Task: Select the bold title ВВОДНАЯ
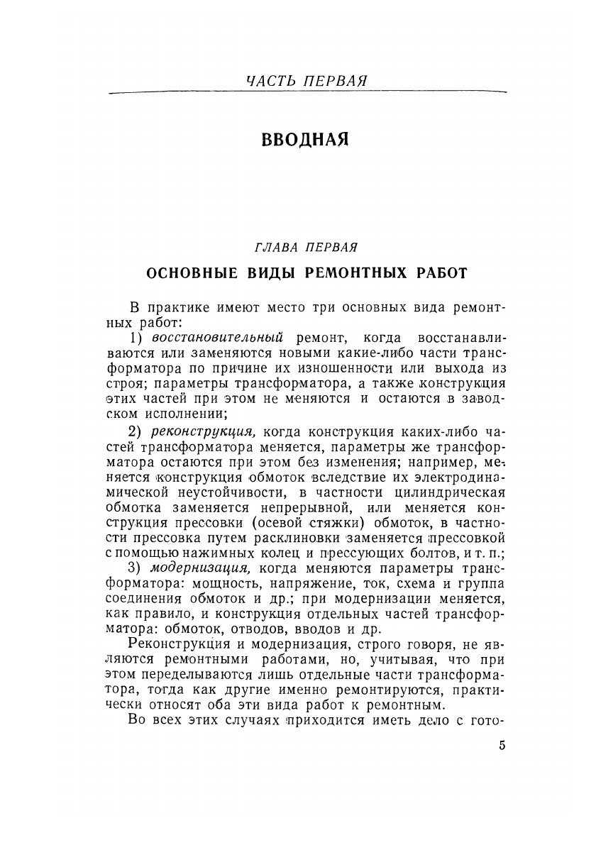(305, 139)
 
